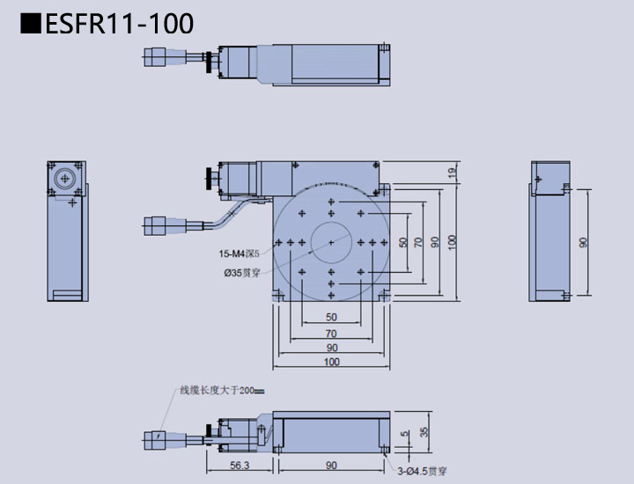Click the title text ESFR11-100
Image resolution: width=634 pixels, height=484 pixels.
120,24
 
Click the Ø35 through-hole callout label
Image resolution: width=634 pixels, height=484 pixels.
241,273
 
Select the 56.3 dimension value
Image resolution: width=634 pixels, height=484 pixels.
240,466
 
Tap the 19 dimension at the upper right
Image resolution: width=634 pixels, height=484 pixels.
451,172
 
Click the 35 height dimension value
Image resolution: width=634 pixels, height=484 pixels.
424,431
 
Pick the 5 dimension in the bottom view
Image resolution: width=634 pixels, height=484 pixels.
404,434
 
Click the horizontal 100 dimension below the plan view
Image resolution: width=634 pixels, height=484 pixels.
331,362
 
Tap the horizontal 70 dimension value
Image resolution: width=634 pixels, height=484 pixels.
331,333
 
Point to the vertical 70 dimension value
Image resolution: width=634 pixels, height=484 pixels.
418,242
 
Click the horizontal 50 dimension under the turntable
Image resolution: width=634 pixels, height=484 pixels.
331,317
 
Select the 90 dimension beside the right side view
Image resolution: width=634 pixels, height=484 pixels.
583,242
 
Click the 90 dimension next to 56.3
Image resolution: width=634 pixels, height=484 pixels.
331,466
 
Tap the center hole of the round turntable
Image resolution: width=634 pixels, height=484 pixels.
330,241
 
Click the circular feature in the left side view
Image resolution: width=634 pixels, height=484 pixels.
64,179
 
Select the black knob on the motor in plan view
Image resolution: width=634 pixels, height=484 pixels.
208,180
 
